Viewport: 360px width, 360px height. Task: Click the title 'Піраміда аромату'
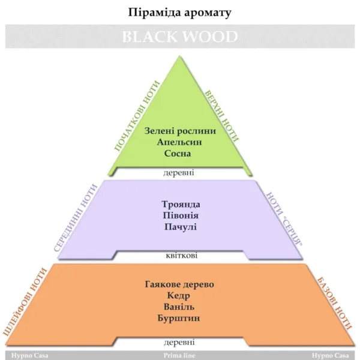[180, 12]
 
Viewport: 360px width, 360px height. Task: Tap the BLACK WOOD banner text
[180, 37]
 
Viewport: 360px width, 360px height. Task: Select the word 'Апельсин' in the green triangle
[179, 142]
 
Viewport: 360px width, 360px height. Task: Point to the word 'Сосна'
[179, 154]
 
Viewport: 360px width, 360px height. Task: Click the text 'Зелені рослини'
[179, 131]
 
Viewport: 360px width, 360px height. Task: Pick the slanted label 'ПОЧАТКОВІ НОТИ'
[137, 115]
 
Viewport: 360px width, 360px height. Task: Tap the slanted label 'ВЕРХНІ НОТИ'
[221, 116]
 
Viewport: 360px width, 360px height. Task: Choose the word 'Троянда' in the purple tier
[180, 205]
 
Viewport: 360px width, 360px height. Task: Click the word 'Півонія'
[180, 216]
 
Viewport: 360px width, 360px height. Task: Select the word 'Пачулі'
[180, 227]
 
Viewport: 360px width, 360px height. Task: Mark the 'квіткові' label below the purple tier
[180, 256]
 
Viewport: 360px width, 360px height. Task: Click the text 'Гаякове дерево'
[179, 284]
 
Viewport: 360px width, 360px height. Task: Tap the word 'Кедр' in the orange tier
[179, 296]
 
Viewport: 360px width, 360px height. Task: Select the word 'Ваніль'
[179, 307]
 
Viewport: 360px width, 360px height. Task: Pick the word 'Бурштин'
[179, 318]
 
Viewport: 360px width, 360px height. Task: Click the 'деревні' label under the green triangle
[179, 173]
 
